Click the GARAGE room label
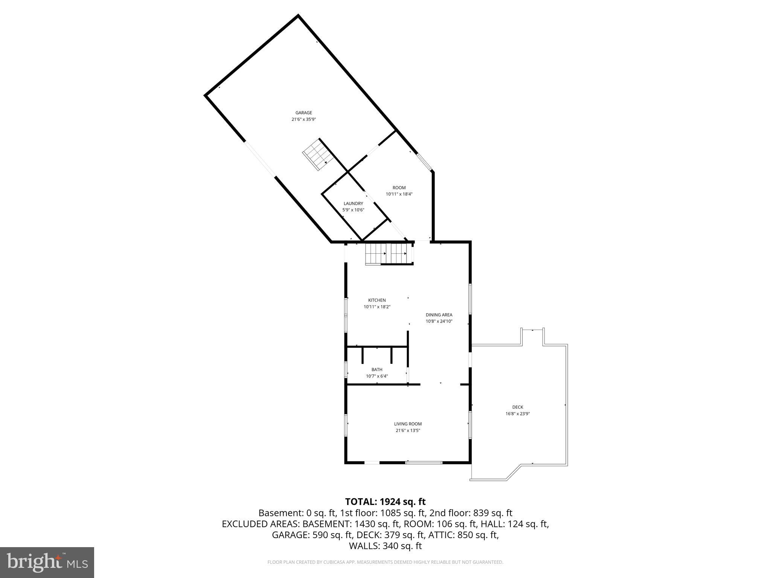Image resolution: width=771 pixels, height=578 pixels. [303, 113]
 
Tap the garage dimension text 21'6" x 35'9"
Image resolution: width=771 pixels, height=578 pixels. [303, 119]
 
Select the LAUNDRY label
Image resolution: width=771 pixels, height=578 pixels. [353, 204]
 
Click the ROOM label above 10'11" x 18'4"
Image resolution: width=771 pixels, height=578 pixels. [399, 188]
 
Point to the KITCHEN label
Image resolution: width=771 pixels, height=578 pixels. [377, 300]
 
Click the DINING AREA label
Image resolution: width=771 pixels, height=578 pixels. [439, 315]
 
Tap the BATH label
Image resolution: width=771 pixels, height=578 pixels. [377, 370]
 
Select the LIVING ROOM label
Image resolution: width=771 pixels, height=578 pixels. [408, 424]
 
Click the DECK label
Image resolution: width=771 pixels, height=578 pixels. [518, 407]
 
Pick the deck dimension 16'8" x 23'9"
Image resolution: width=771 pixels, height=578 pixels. [518, 414]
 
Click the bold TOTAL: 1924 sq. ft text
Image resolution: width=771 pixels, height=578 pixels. [385, 502]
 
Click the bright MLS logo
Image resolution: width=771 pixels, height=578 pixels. [47, 563]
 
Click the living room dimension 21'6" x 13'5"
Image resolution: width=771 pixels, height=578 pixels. [408, 430]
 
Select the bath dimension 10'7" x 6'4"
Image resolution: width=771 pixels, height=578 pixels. [377, 376]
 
